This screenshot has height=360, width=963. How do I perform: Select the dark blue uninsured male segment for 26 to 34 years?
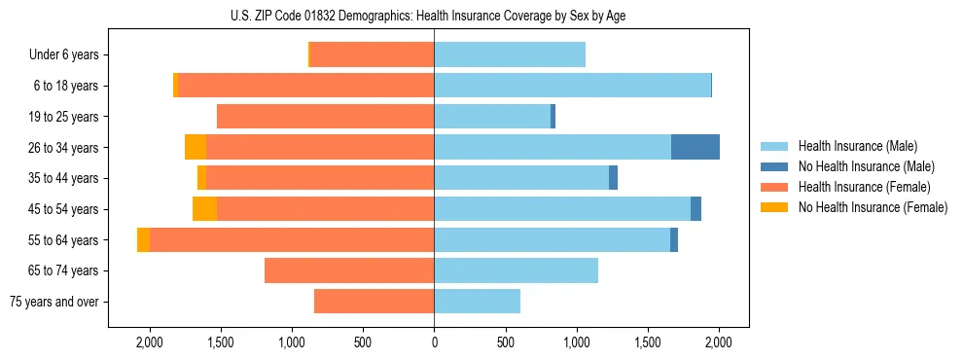695,147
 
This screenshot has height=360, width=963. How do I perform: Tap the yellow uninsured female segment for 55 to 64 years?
143,239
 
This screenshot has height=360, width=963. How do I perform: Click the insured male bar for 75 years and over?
477,302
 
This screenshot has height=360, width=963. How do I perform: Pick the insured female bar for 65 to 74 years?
349,270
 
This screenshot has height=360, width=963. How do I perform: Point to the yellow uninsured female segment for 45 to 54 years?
204,208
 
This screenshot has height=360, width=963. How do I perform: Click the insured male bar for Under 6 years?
510,54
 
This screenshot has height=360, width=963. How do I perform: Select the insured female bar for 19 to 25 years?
325,116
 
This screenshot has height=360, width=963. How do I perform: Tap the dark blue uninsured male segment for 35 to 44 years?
613,178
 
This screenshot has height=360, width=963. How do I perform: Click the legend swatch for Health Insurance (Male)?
775,146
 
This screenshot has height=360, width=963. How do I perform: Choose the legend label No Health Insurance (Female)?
873,207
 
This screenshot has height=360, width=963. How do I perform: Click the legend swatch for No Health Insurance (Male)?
775,166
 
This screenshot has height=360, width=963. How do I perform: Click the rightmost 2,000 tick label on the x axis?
719,342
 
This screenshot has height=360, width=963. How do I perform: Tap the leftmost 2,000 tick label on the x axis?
149,342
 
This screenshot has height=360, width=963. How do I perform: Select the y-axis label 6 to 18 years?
65,86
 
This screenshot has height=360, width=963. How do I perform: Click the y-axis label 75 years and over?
54,302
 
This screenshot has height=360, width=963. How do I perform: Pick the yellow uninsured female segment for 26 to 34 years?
196,147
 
